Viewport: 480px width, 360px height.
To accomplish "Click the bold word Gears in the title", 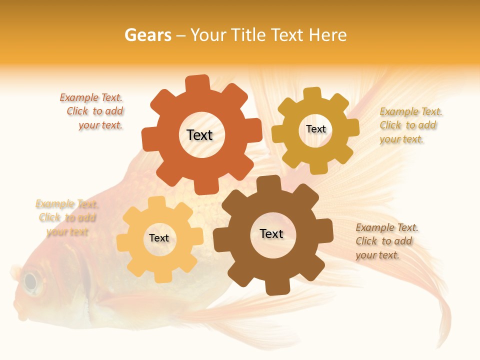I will [x=147, y=35].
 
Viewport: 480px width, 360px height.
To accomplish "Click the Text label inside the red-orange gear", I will [x=199, y=135].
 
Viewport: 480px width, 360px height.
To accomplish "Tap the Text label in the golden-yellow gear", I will [x=315, y=129].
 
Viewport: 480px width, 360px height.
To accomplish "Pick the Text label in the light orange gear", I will [x=158, y=238].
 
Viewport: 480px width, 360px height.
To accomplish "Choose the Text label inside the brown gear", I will [x=271, y=234].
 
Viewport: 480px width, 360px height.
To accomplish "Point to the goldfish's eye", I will [x=31, y=282].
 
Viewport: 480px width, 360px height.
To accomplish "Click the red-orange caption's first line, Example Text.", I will [x=91, y=98].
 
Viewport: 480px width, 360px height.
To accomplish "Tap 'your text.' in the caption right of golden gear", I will [x=401, y=139].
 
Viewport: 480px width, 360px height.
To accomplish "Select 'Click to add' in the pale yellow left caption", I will [x=67, y=218].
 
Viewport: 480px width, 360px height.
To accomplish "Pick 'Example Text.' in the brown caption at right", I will [x=387, y=228].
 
